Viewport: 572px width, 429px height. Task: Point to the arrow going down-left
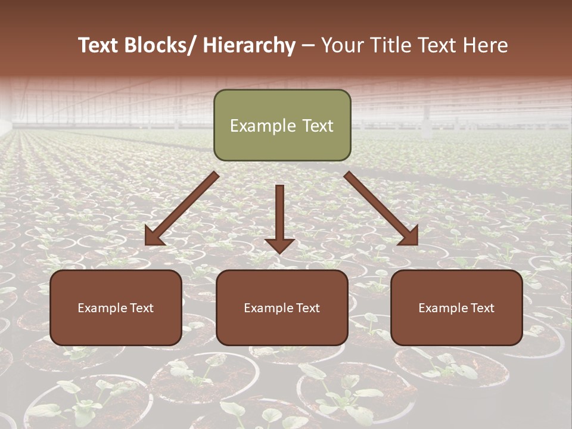(x=182, y=209)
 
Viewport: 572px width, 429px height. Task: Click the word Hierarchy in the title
(x=249, y=45)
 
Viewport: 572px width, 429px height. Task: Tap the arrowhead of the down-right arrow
(x=410, y=237)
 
